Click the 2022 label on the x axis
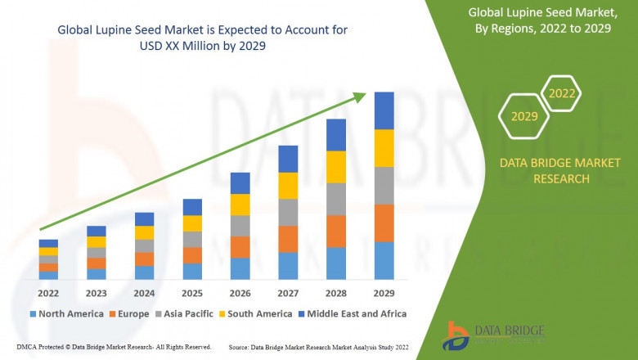click(48, 292)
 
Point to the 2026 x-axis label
click(240, 292)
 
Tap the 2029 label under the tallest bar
click(384, 292)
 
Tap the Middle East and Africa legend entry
click(356, 313)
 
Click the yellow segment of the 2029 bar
click(384, 148)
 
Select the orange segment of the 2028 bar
click(336, 232)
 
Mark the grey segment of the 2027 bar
click(288, 212)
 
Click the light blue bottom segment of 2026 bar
click(240, 269)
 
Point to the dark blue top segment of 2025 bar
click(192, 207)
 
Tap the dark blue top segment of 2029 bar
click(384, 110)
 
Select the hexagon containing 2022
click(562, 94)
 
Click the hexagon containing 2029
click(524, 116)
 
